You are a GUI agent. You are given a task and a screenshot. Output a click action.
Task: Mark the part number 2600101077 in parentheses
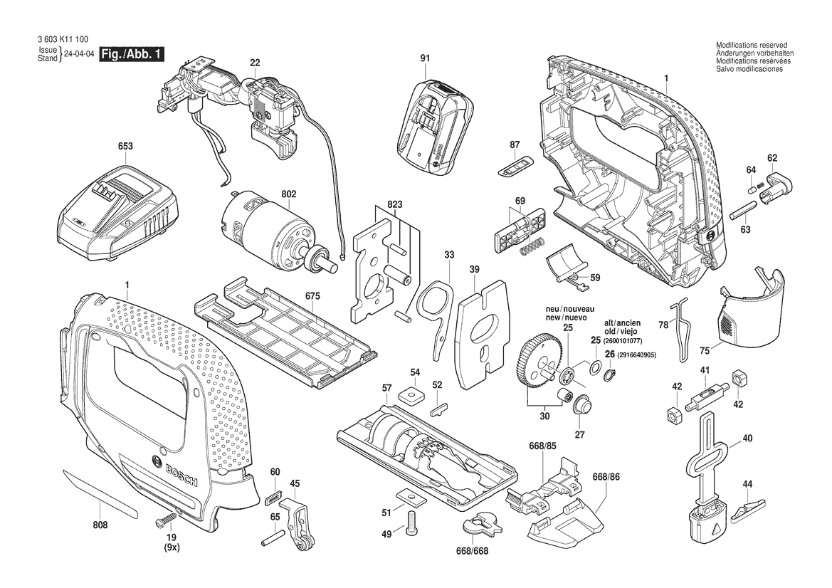click(623, 341)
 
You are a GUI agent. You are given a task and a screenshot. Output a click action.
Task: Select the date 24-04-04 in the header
click(79, 55)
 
